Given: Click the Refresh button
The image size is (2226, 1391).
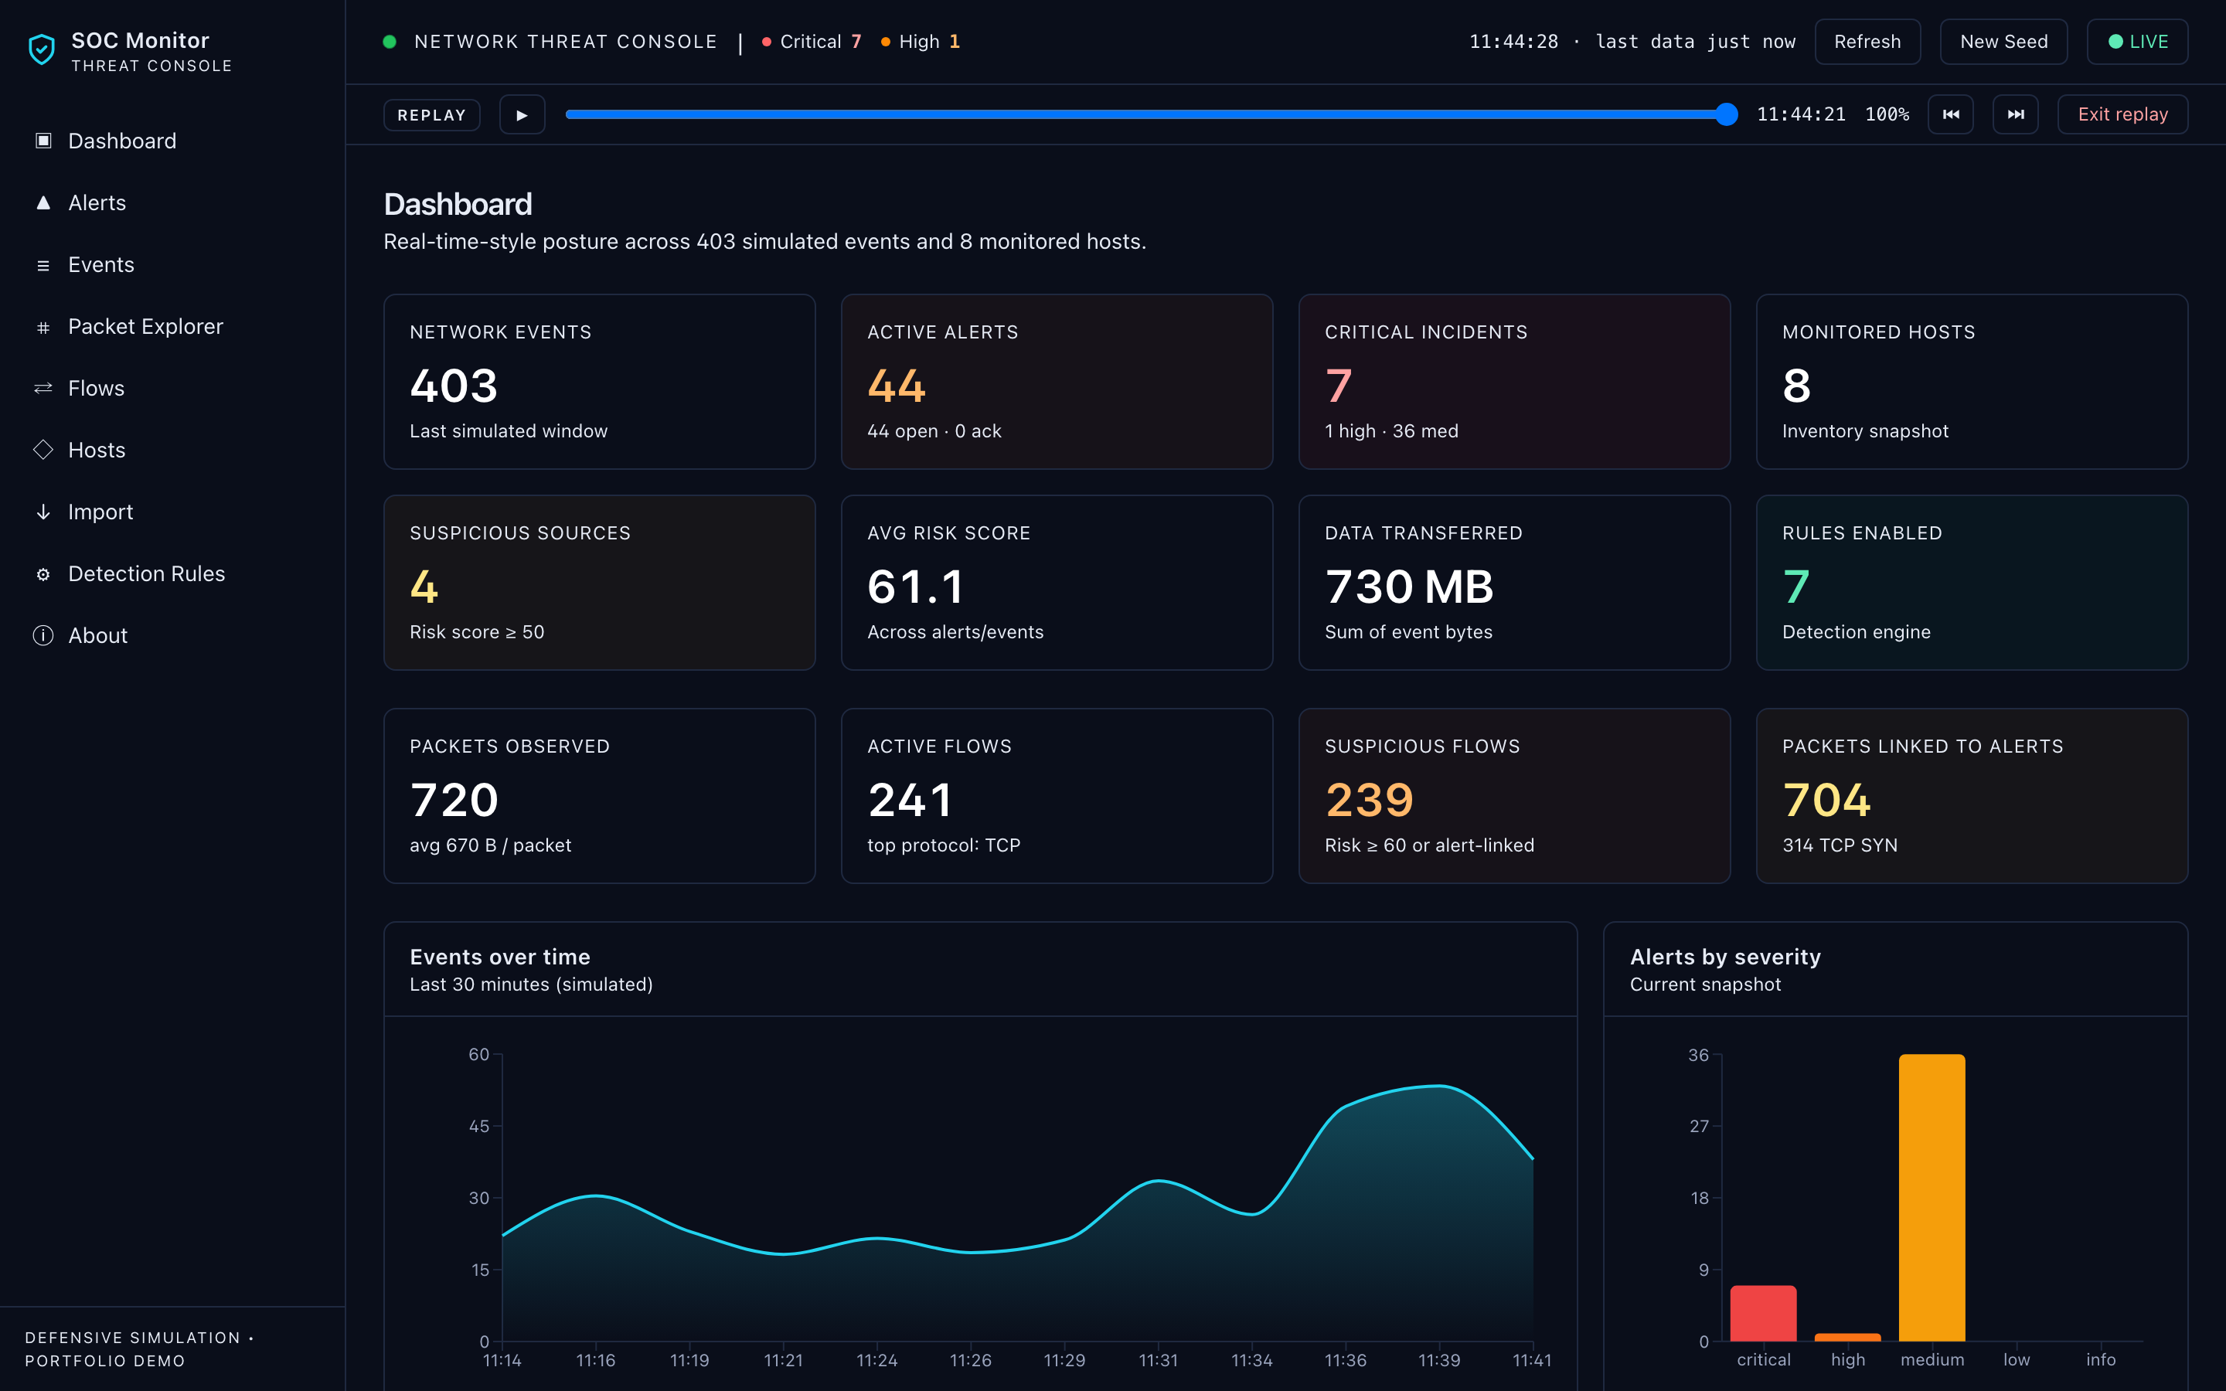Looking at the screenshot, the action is point(1867,42).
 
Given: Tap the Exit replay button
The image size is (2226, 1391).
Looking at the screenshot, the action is point(2122,114).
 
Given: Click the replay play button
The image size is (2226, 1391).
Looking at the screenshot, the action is point(522,114).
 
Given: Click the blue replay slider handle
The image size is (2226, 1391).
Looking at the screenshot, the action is point(1727,114).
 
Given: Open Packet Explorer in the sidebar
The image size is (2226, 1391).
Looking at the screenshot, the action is point(145,327).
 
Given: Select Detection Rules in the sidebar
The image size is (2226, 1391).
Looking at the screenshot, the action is point(146,574).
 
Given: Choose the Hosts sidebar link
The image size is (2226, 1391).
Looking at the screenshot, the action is point(97,450).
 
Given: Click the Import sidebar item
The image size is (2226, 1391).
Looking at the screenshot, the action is point(100,512).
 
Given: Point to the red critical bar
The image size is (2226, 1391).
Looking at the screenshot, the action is point(1763,1313).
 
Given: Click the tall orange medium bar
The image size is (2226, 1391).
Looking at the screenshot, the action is point(1932,1198).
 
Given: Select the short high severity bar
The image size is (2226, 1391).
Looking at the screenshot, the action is point(1847,1338).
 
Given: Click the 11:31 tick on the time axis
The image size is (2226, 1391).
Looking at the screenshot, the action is point(1158,1360).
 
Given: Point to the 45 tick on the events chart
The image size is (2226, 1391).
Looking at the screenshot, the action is point(479,1126).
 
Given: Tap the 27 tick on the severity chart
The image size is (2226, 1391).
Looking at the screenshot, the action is point(1699,1126).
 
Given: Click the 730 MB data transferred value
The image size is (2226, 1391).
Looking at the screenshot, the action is point(1409,587).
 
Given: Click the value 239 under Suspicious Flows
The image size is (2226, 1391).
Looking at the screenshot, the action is point(1369,800).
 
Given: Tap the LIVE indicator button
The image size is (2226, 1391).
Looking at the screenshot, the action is point(2137,42).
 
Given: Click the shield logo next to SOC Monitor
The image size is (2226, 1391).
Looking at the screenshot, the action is point(42,49).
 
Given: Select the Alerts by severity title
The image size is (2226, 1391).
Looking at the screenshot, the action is point(1724,957).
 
